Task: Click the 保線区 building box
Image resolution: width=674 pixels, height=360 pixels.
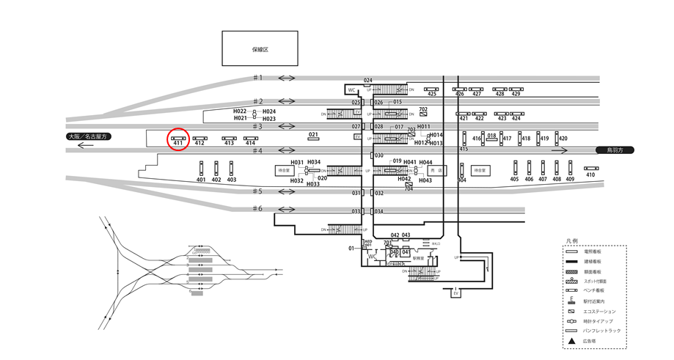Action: (260, 49)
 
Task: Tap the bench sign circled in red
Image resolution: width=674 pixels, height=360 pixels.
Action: (177, 137)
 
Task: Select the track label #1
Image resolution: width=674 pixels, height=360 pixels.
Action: (257, 78)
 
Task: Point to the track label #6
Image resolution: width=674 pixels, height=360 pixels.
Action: (257, 209)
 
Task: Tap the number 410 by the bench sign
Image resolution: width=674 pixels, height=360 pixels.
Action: (590, 175)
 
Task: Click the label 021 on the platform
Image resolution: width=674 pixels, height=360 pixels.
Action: (313, 135)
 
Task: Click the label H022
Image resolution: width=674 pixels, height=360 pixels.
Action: (240, 111)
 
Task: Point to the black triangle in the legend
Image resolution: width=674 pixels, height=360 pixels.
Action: (570, 341)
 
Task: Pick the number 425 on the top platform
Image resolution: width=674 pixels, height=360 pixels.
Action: (431, 94)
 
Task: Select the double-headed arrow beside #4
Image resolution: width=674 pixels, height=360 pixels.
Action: (286, 151)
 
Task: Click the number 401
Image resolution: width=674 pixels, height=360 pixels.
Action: (201, 180)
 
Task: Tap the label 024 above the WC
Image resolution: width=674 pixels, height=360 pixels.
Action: (367, 80)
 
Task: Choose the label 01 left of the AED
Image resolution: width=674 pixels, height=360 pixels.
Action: (351, 249)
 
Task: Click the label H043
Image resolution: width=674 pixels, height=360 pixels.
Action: (425, 180)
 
